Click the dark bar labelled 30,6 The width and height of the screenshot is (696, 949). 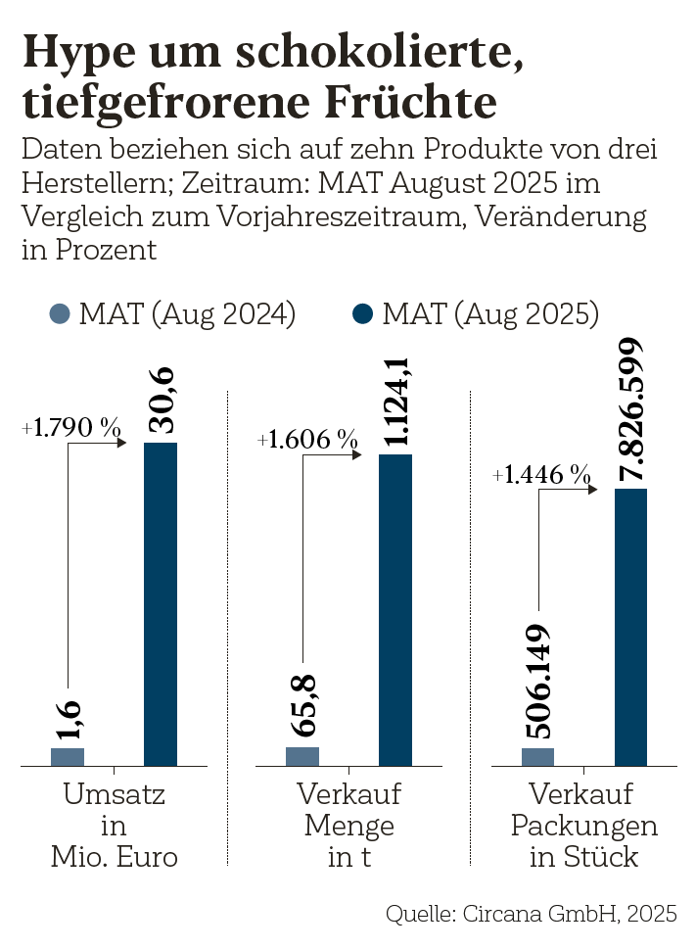click(x=161, y=602)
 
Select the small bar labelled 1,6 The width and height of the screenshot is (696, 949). click(x=68, y=756)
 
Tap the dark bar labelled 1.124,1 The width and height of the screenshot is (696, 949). click(x=395, y=609)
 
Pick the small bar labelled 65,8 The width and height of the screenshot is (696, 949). click(x=302, y=755)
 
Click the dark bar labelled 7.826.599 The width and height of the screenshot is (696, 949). click(x=630, y=626)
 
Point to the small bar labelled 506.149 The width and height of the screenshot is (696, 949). click(x=537, y=756)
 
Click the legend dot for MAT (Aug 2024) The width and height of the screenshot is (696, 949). click(x=61, y=313)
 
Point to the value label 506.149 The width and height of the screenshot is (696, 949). click(x=537, y=681)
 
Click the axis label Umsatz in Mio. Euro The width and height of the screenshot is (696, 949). click(x=115, y=826)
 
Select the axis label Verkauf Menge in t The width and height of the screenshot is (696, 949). click(x=349, y=826)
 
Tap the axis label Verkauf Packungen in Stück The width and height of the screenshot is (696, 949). click(x=584, y=826)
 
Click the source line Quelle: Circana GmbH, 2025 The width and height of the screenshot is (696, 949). click(x=532, y=914)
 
